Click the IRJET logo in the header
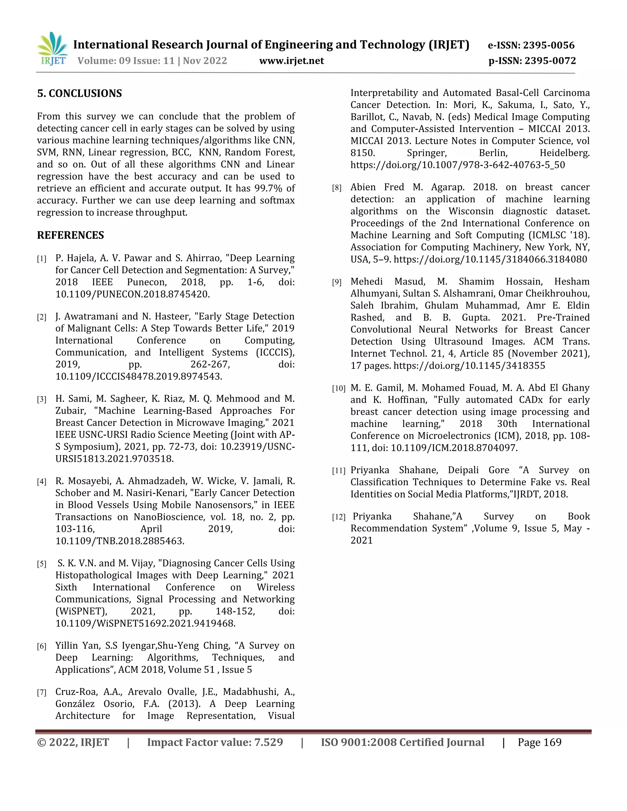point(52,49)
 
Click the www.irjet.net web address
point(291,61)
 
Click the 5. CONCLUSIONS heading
point(80,93)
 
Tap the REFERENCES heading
point(71,235)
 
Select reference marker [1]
point(42,259)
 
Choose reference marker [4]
point(42,482)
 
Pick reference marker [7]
point(42,693)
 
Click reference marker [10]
point(338,389)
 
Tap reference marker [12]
point(338,517)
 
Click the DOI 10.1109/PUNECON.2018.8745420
point(132,294)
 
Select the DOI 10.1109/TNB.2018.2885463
point(120,541)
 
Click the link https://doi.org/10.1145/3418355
point(469,366)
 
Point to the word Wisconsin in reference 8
point(471,211)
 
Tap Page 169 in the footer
point(539,743)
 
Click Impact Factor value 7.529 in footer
point(215,743)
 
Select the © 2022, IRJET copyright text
point(73,743)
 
